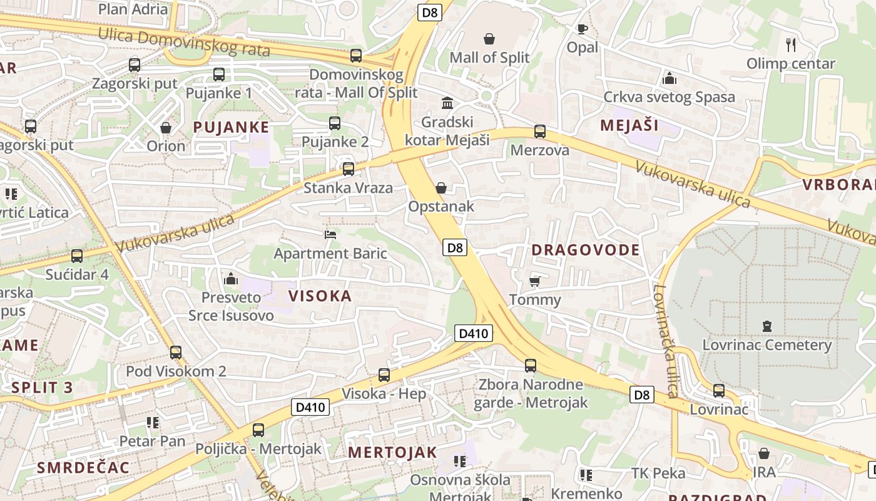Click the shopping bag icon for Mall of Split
[x=489, y=39]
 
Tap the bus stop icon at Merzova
[x=539, y=132]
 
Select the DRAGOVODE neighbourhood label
[x=585, y=250]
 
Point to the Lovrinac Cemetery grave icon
[x=767, y=326]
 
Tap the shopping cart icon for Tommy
[x=534, y=281]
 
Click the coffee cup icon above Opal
[x=582, y=29]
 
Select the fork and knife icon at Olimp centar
[x=791, y=44]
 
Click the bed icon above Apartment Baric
[x=330, y=235]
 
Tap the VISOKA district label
[x=320, y=296]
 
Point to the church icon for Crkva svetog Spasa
[x=669, y=78]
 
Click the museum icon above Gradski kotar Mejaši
[x=447, y=103]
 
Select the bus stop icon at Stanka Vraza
[x=348, y=168]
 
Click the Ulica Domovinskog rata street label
[x=183, y=43]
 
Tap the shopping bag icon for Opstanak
[x=441, y=187]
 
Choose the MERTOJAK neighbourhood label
[x=392, y=452]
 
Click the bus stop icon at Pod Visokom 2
[x=176, y=352]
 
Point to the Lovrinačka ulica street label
[x=665, y=341]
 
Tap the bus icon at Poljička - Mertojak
[x=258, y=430]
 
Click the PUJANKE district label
[x=230, y=127]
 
